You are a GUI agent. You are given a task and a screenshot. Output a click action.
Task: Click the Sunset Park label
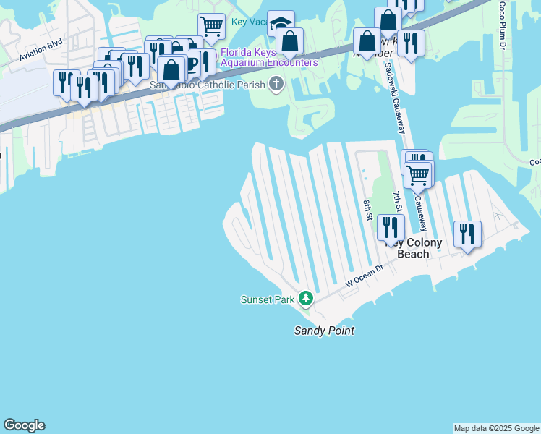(268, 299)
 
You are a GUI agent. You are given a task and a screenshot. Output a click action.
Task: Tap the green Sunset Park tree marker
(306, 298)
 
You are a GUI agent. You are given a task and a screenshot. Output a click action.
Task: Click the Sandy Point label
(323, 331)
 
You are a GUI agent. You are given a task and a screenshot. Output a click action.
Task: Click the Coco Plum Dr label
(501, 25)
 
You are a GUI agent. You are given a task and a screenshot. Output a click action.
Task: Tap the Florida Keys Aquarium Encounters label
(269, 57)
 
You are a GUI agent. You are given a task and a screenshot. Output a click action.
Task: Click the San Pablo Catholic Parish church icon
(276, 85)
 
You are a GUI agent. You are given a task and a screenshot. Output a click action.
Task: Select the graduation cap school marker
(281, 22)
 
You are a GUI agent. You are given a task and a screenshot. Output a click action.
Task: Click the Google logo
(24, 425)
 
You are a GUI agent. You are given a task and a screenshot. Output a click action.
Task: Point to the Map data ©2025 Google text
(496, 428)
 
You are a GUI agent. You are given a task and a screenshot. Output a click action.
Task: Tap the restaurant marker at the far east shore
(467, 234)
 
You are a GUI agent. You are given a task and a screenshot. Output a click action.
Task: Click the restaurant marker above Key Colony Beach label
(391, 227)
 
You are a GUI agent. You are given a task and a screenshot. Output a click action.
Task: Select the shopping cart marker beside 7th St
(418, 174)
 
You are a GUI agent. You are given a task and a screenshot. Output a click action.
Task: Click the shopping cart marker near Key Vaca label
(211, 26)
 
